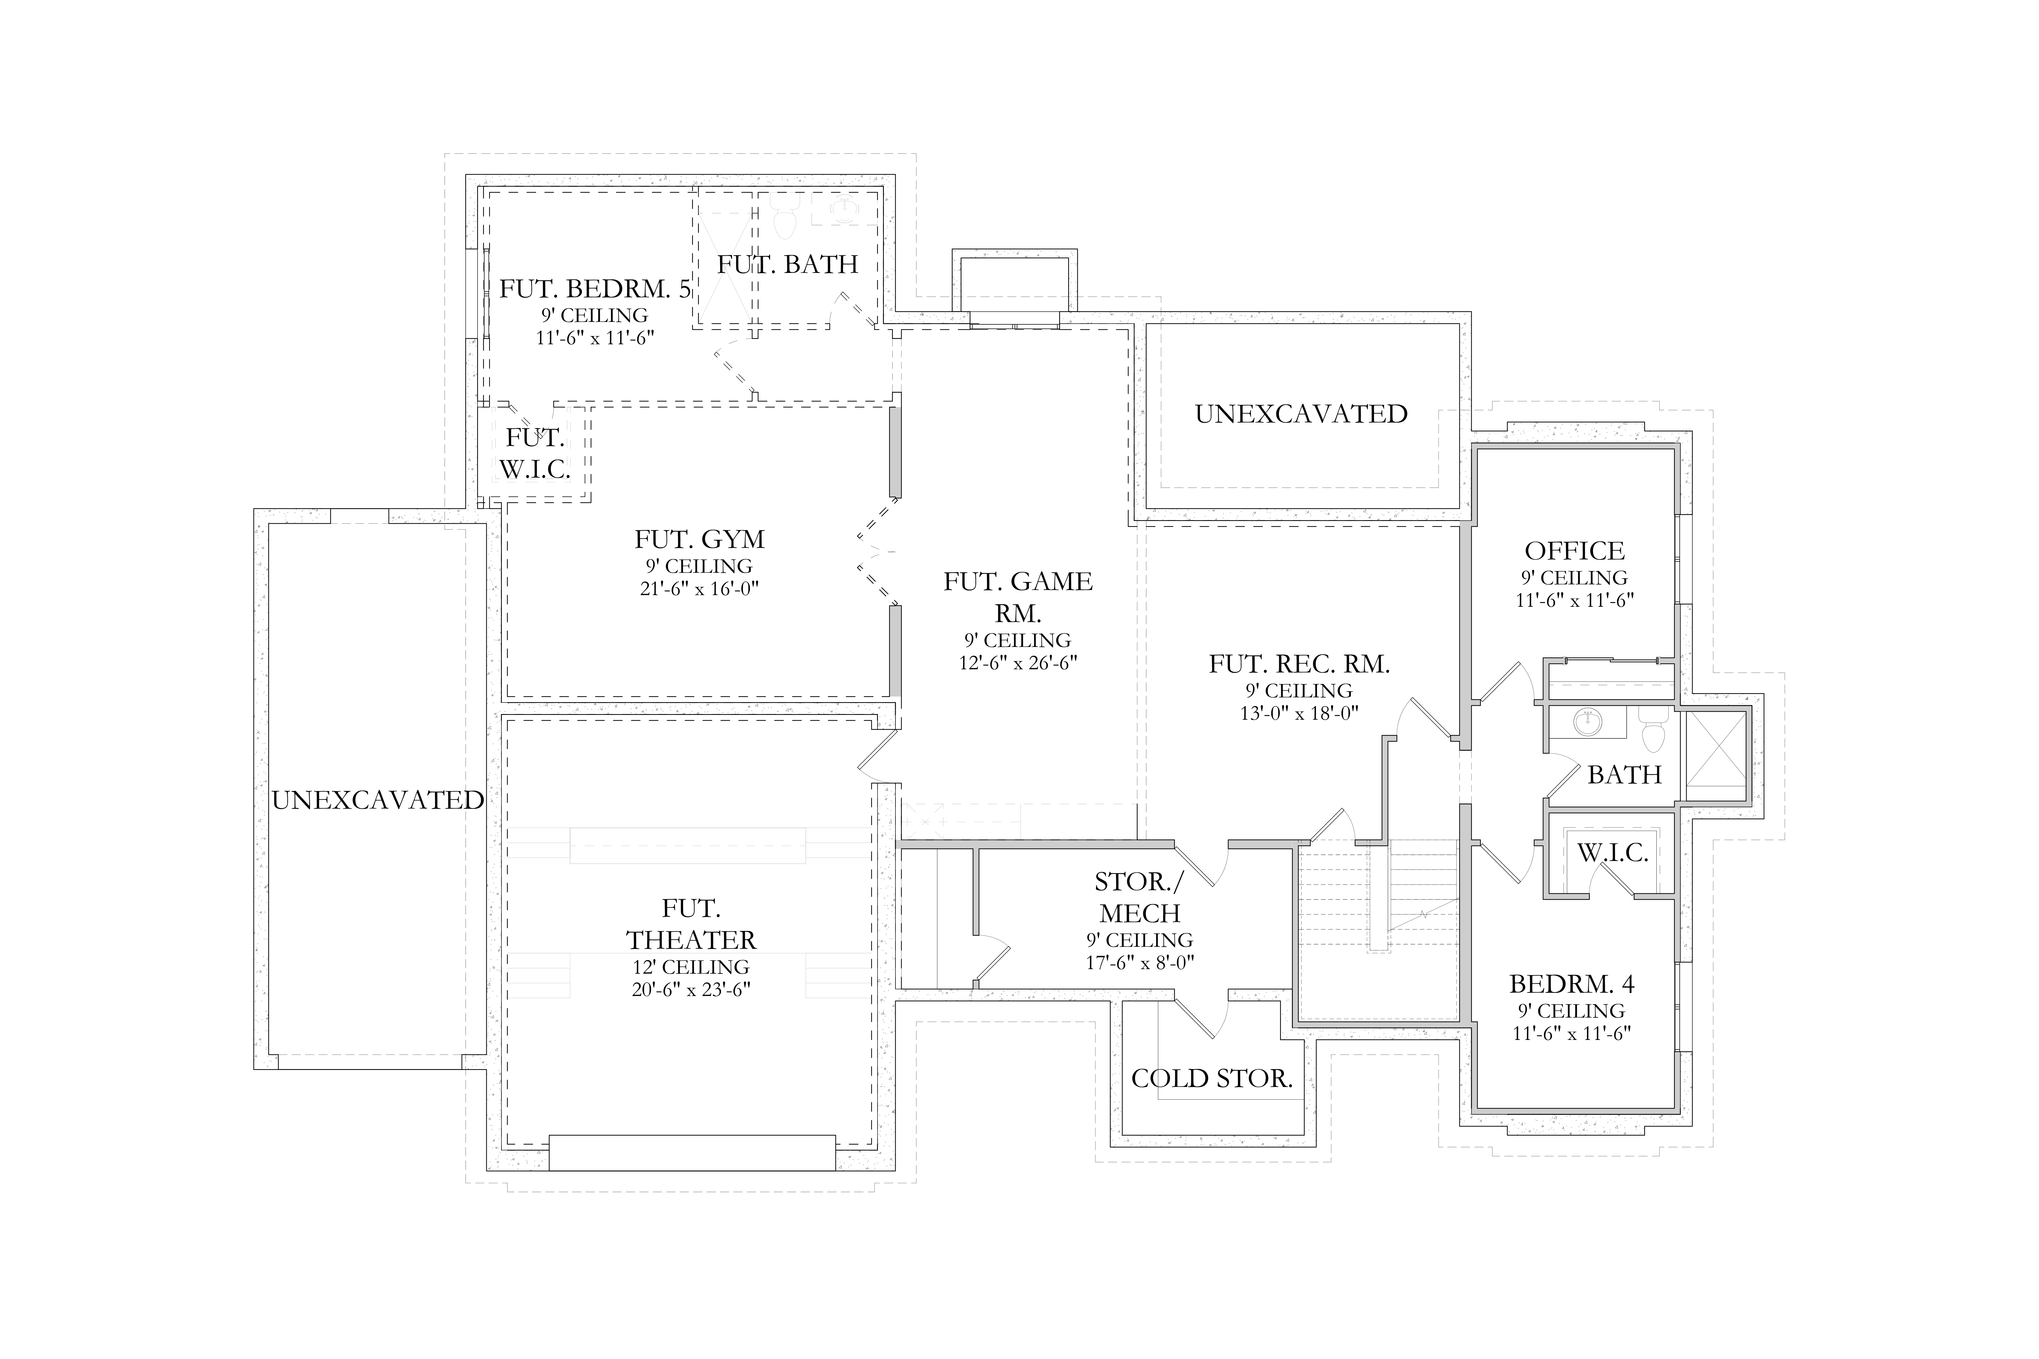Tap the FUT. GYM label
699,539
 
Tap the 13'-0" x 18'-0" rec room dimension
1299,713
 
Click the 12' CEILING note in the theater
691,966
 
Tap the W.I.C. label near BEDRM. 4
1613,853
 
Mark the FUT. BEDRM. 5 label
595,289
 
